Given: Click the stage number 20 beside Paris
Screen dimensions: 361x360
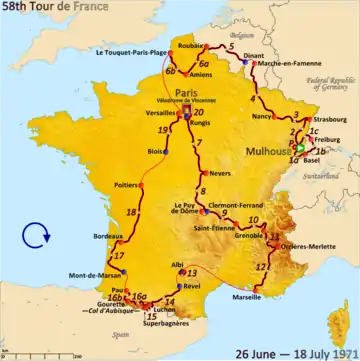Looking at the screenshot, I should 199,112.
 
